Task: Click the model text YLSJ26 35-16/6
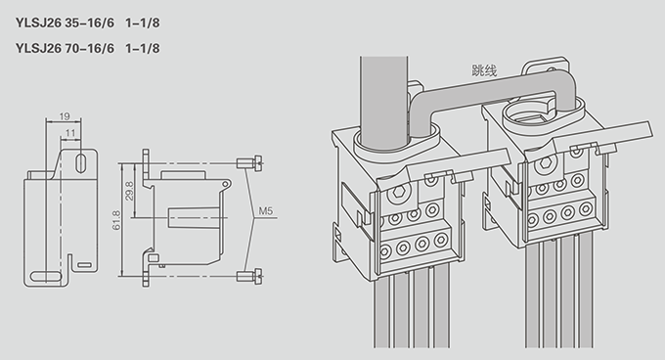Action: [65, 22]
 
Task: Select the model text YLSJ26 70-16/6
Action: [65, 48]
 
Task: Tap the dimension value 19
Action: [65, 115]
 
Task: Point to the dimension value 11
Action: [70, 133]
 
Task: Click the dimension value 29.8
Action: [129, 191]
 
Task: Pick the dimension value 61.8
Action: [116, 220]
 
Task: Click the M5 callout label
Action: [266, 210]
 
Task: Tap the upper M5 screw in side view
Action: [249, 163]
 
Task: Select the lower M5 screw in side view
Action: [249, 277]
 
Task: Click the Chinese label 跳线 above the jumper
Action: [484, 70]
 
